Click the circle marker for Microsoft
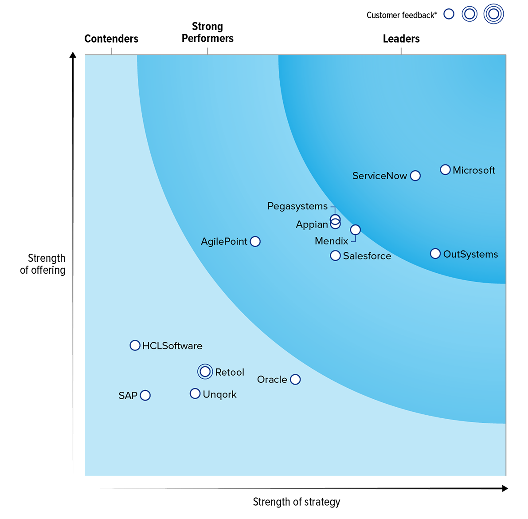[x=445, y=170]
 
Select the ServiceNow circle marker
[x=415, y=176]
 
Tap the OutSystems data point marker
[x=435, y=254]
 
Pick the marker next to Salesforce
[x=336, y=256]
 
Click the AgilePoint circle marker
[x=255, y=241]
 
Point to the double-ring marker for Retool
[x=205, y=372]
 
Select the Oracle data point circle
[x=295, y=379]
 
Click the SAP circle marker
[x=145, y=395]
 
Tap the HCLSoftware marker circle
[x=135, y=346]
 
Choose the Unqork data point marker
[x=195, y=393]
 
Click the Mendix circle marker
[x=356, y=230]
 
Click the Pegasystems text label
[x=297, y=206]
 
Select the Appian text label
[x=312, y=224]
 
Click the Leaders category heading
[x=401, y=39]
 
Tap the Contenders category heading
[x=111, y=39]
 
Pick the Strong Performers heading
[x=207, y=32]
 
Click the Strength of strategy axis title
[x=297, y=502]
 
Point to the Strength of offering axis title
[x=43, y=264]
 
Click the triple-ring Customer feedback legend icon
[x=493, y=14]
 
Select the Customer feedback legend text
[x=402, y=15]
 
